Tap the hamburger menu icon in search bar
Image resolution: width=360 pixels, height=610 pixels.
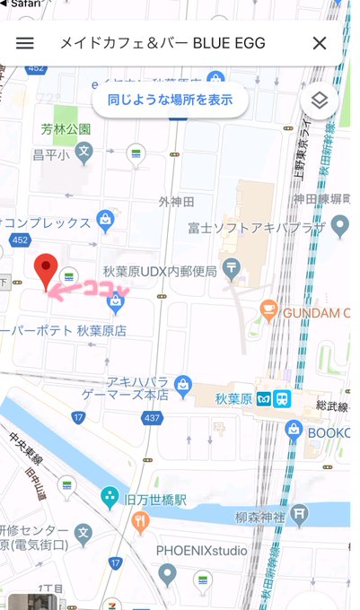point(25,43)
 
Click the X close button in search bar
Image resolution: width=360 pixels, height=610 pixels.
point(319,43)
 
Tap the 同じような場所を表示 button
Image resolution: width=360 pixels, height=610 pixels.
point(171,100)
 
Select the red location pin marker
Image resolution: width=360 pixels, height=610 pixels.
point(46,271)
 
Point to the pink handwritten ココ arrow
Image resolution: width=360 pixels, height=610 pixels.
point(88,288)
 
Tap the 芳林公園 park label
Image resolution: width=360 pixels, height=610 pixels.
point(66,128)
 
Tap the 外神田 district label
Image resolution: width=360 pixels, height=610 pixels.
point(175,201)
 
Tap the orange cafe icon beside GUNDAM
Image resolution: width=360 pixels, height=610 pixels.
point(268,310)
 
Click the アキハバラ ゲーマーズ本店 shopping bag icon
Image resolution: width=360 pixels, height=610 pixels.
point(184,386)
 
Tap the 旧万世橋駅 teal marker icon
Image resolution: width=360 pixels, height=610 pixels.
point(110,495)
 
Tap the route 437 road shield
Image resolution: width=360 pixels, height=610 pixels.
point(152,418)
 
